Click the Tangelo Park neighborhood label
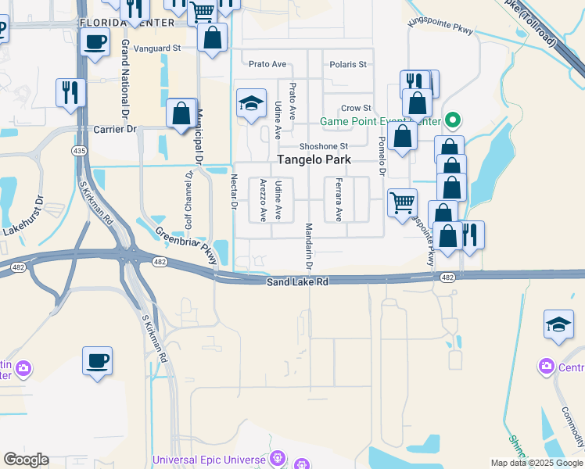tap(312, 161)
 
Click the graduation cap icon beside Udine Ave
tap(251, 104)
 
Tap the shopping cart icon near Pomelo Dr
tap(402, 203)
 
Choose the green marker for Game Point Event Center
tap(452, 121)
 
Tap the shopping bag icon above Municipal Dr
tap(181, 113)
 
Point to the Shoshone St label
tap(323, 146)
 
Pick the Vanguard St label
tap(157, 48)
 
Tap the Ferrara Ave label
tap(339, 199)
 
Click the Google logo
tap(27, 460)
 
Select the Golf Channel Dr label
tap(188, 200)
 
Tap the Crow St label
tap(356, 108)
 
